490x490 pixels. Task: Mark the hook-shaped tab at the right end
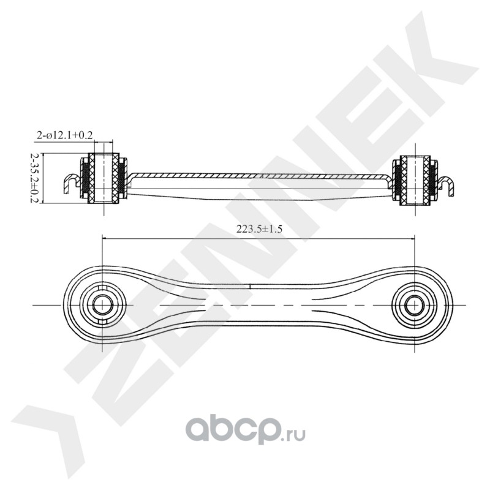pos(448,183)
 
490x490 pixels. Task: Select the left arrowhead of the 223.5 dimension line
pos(105,239)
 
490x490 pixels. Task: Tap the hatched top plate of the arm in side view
pos(257,176)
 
